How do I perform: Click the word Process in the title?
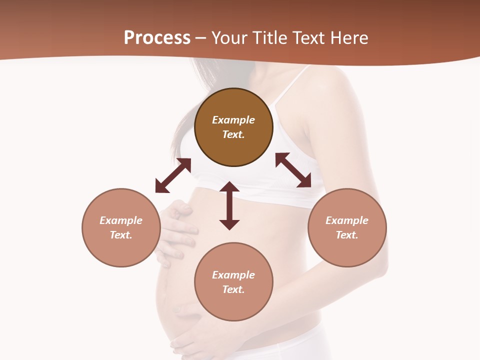click(x=157, y=38)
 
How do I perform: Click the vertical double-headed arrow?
click(x=229, y=205)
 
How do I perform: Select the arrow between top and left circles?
click(x=173, y=175)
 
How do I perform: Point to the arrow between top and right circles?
click(x=293, y=170)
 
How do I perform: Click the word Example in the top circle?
click(x=233, y=120)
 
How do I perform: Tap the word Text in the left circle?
click(x=121, y=235)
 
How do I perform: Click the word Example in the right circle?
click(x=346, y=220)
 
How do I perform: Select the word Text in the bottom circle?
click(x=233, y=289)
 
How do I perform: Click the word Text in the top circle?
click(x=233, y=134)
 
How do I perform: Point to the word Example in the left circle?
click(x=121, y=220)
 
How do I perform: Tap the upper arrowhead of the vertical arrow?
click(x=229, y=187)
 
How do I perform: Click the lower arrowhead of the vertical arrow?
click(x=229, y=224)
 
